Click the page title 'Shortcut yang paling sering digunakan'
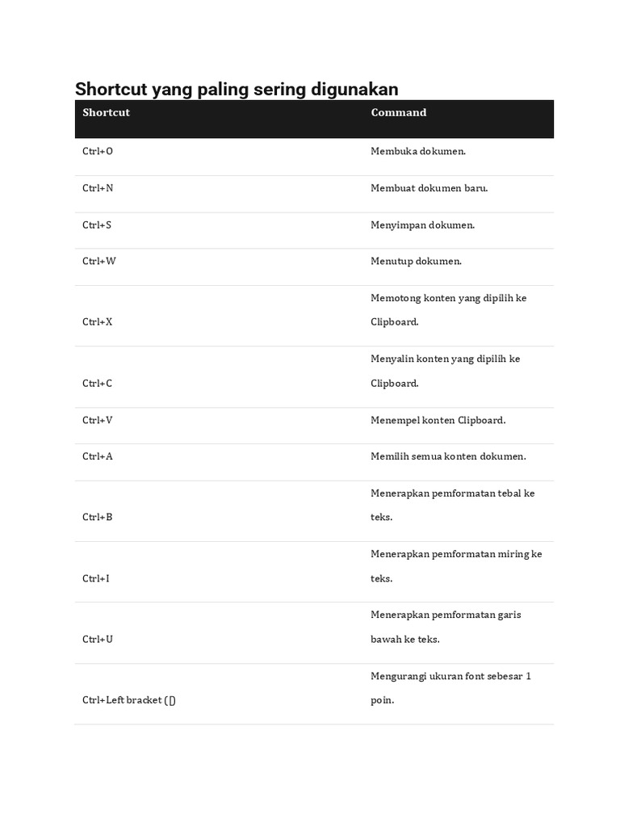tap(237, 89)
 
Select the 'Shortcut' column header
tap(106, 112)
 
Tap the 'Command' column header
tap(398, 112)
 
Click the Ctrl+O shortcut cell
tap(98, 151)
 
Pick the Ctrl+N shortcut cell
tap(98, 188)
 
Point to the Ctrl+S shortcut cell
tap(97, 225)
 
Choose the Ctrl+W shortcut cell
tap(99, 261)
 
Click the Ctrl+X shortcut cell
tap(98, 321)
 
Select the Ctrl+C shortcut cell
tap(98, 383)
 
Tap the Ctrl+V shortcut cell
tap(98, 420)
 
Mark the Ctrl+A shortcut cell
tap(98, 456)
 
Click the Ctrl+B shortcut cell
tap(98, 517)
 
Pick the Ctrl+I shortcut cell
tap(96, 578)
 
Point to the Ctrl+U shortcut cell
tap(98, 639)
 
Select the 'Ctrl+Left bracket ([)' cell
tap(129, 700)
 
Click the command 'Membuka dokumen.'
tap(418, 151)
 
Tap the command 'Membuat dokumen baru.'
tap(429, 188)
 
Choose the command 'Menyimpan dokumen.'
tap(423, 225)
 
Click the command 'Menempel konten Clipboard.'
tap(438, 420)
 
